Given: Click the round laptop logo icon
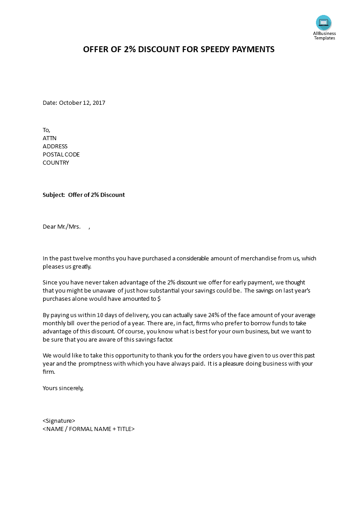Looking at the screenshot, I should [324, 22].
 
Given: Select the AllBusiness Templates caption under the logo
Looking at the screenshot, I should [324, 35].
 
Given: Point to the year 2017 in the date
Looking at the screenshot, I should [99, 103].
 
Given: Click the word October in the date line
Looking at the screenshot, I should [70, 103].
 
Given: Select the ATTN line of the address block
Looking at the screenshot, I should [49, 138].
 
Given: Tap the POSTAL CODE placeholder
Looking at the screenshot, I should [61, 155].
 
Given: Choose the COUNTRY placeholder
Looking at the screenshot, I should [56, 163].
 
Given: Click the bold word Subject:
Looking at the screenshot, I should [54, 195].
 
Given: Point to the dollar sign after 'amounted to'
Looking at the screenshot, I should [159, 299].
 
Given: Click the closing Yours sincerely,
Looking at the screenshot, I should [63, 388].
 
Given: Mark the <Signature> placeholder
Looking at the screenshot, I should [59, 421].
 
